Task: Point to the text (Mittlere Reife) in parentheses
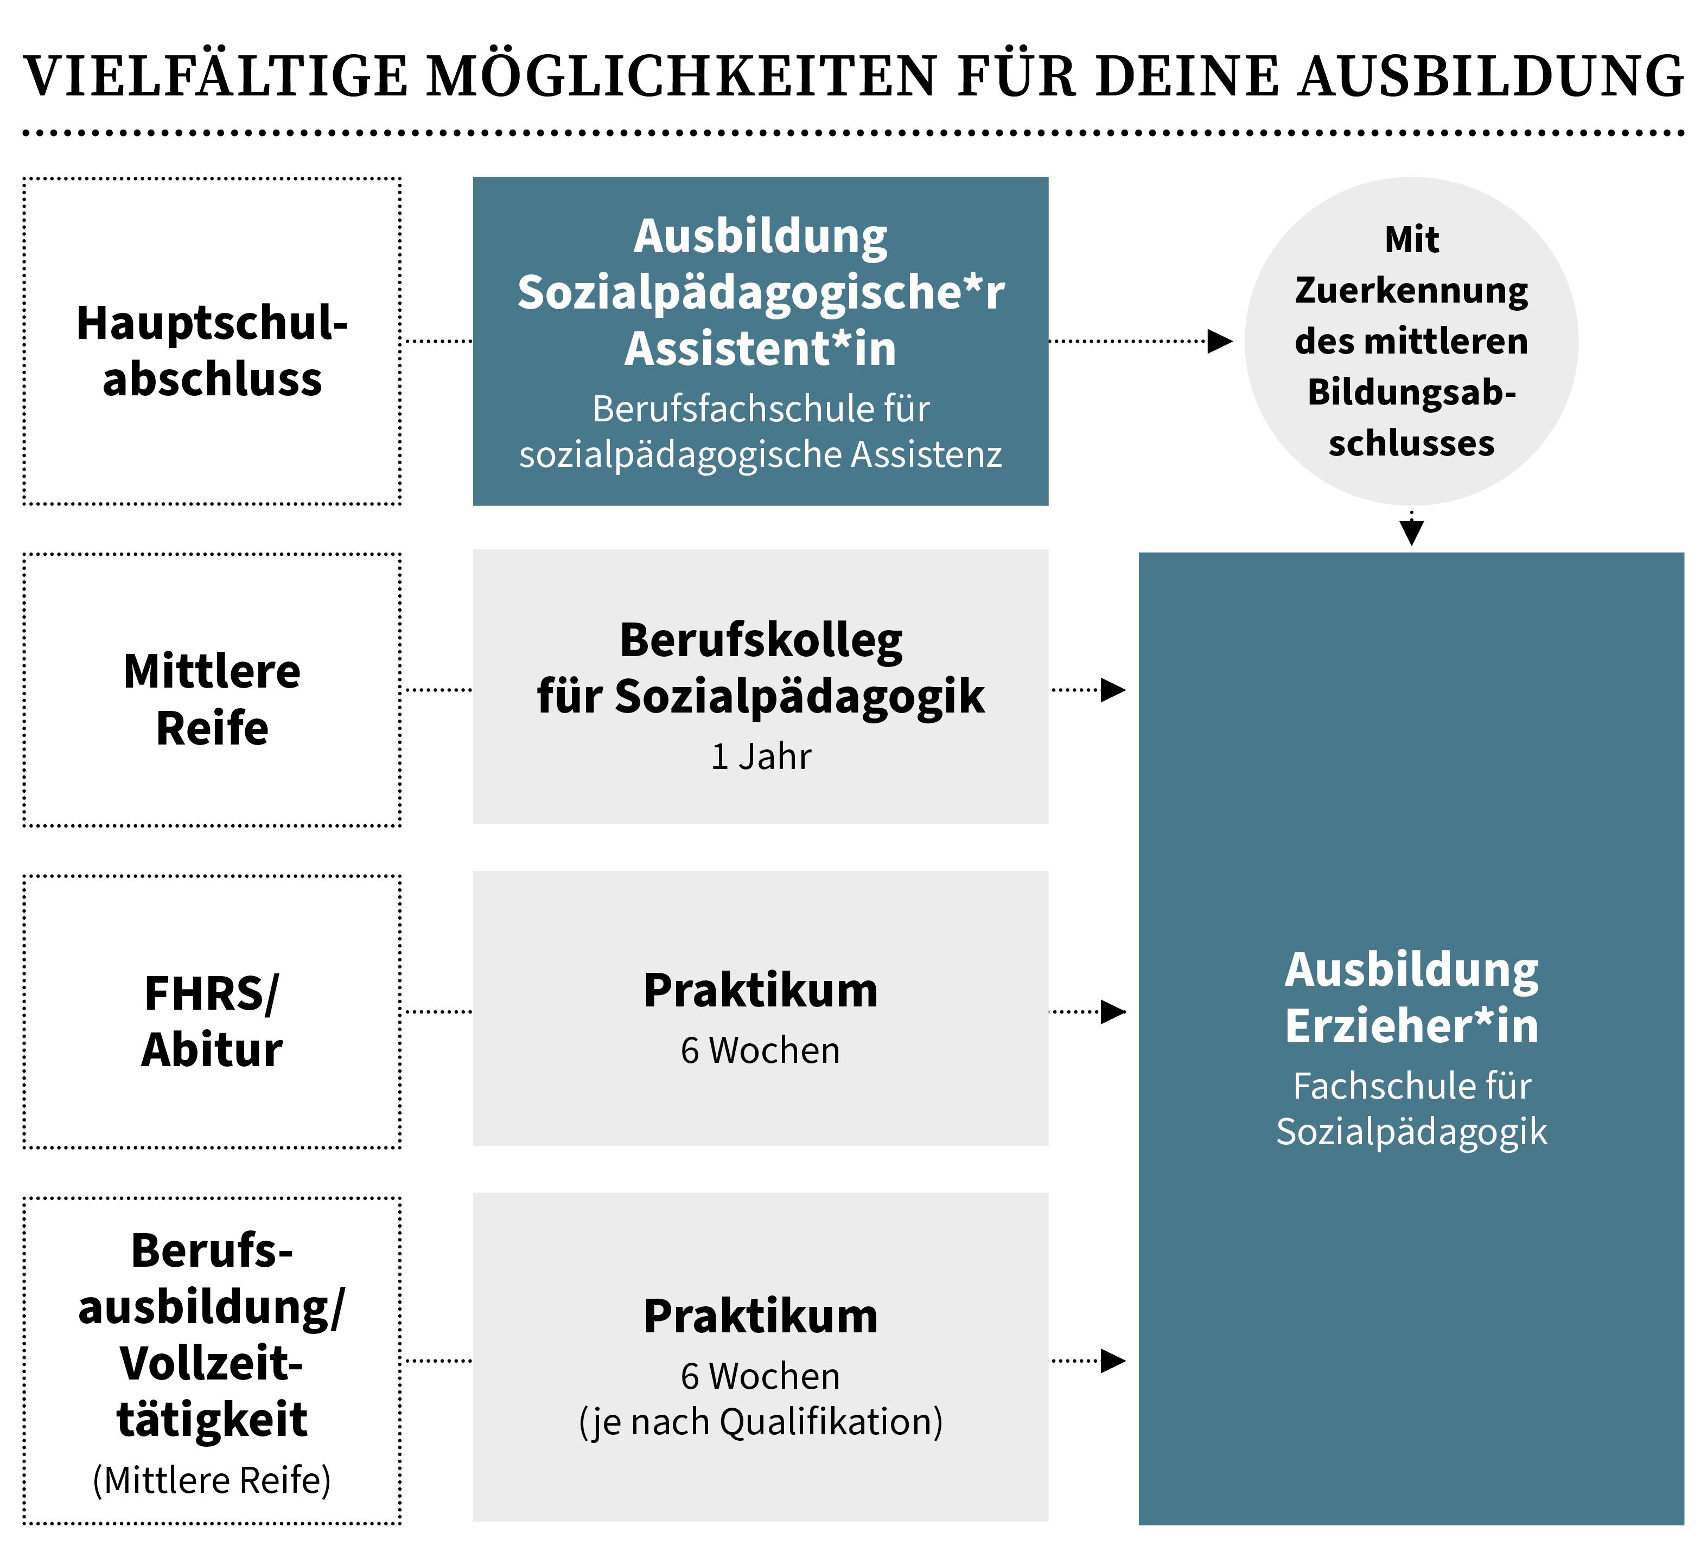click(212, 1480)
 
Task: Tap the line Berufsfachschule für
click(760, 409)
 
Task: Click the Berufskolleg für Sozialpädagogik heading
click(760, 669)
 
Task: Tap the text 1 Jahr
click(760, 756)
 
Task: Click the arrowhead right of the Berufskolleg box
click(1113, 690)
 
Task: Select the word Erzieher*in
click(1411, 1026)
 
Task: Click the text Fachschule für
click(1411, 1086)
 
